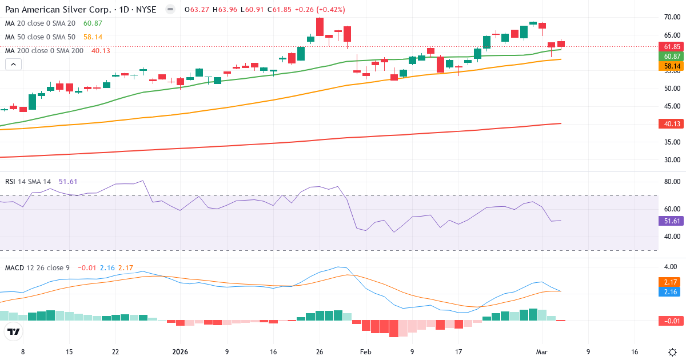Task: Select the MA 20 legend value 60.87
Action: point(93,23)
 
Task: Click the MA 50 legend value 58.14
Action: point(93,37)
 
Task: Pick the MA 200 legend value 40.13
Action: point(101,50)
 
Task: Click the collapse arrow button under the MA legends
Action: point(13,65)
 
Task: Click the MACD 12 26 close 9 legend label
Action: point(38,267)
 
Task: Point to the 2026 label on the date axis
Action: point(180,352)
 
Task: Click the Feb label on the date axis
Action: point(365,352)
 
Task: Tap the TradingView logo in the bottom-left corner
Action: point(14,331)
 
